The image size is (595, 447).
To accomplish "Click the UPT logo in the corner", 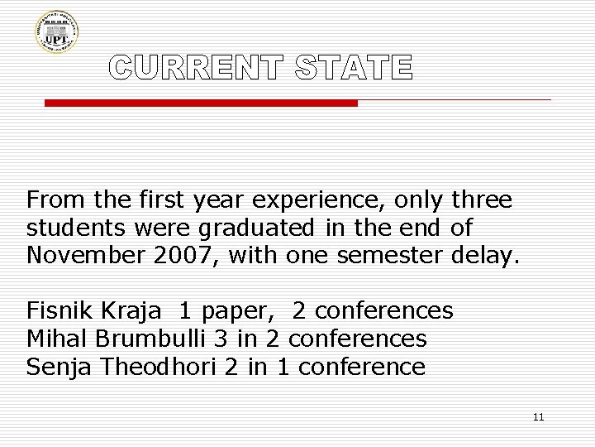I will click(x=56, y=32).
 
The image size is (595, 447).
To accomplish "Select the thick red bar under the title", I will click(x=200, y=103).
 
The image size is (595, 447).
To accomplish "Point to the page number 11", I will click(x=538, y=416).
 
